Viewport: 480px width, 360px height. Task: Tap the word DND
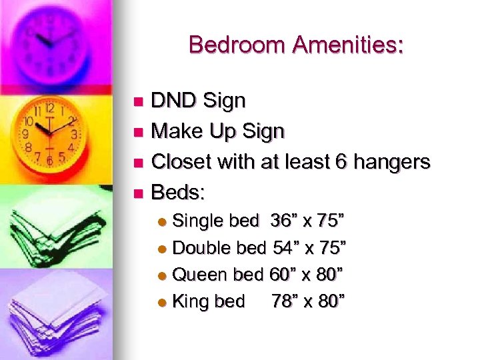[x=174, y=101]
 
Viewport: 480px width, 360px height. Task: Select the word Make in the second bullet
[x=175, y=132]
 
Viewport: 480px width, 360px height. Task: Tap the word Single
[x=198, y=221]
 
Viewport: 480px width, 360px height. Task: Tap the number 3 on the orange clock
[x=73, y=134]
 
